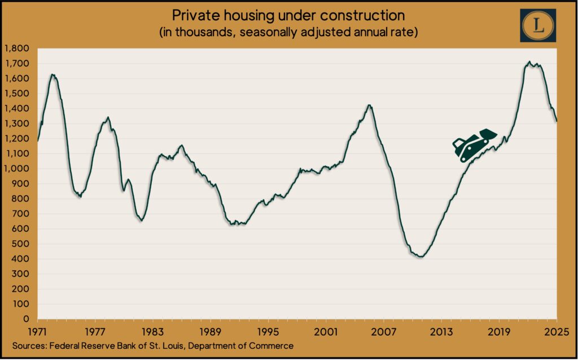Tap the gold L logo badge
click(x=538, y=25)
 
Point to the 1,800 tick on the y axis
click(x=19, y=49)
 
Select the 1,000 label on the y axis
click(x=19, y=169)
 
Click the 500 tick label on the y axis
click(x=23, y=244)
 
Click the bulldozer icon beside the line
click(x=473, y=145)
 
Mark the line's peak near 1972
click(x=52, y=74)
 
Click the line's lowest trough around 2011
click(x=420, y=257)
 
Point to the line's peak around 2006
click(x=369, y=105)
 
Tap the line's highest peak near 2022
click(x=529, y=62)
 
